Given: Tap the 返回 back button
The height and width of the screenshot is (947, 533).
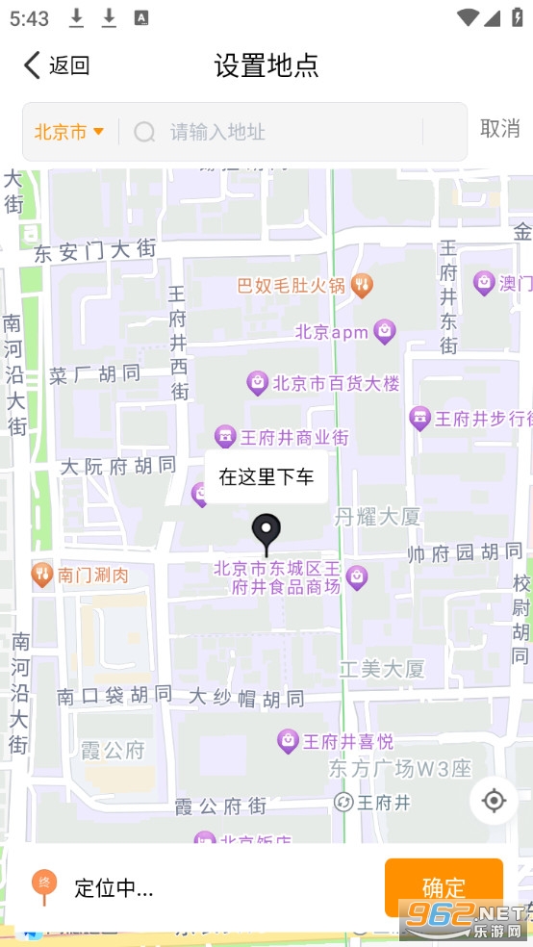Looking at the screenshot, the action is click(56, 65).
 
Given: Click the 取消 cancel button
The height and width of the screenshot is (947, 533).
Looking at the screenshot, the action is click(499, 129).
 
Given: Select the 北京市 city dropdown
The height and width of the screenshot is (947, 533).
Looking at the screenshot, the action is click(69, 132).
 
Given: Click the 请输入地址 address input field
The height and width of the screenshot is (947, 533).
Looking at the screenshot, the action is click(289, 132).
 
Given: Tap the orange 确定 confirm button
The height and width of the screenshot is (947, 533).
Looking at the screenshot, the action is click(444, 887).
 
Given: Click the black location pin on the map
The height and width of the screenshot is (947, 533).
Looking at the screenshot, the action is click(266, 532).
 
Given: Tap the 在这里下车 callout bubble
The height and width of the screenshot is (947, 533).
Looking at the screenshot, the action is click(266, 476).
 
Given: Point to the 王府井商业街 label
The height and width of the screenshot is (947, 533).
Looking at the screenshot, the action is click(281, 437).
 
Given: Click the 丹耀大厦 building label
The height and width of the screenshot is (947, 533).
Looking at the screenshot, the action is click(378, 517).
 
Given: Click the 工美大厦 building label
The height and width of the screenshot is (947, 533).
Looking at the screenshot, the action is click(382, 668).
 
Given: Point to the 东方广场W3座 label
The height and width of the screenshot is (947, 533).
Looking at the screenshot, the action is click(400, 768).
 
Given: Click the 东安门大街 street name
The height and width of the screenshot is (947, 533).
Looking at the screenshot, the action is click(95, 251).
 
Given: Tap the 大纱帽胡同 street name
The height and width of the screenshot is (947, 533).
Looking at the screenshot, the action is click(246, 698).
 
